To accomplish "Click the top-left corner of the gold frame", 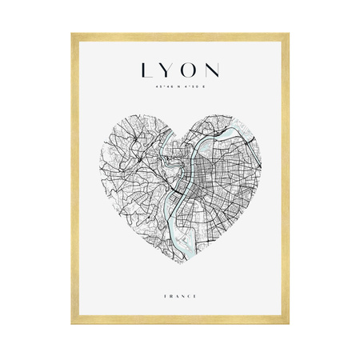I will pyautogui.click(x=73, y=34).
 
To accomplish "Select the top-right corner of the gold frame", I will pyautogui.click(x=287, y=34).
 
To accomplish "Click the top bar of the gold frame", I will pyautogui.click(x=180, y=35).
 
